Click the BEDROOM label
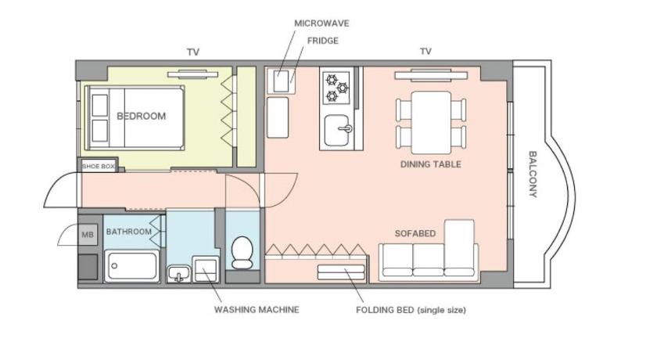tap(142, 116)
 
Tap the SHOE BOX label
tap(98, 167)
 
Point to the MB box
tap(88, 235)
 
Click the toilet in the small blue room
tap(242, 253)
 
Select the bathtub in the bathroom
tap(131, 266)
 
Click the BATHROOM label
tap(128, 232)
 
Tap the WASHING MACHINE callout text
tap(257, 310)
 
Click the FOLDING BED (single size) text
tap(411, 310)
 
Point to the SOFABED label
tap(415, 233)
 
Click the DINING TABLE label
tap(431, 164)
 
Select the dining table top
tap(431, 123)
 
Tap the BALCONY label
tap(533, 174)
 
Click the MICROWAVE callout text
tap(321, 23)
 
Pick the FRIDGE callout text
tap(322, 41)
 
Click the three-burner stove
tap(336, 88)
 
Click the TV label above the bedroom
tap(192, 52)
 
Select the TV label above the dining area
tap(425, 52)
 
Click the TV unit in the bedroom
tap(192, 74)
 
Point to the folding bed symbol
tap(341, 272)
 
